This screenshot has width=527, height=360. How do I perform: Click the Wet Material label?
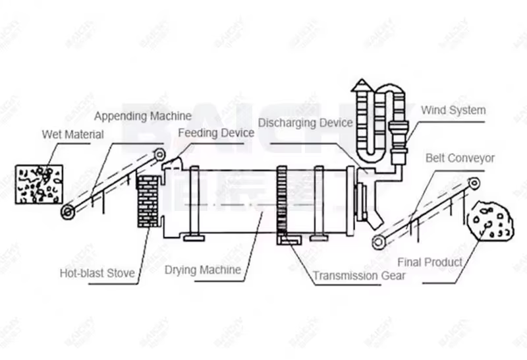pyautogui.click(x=72, y=135)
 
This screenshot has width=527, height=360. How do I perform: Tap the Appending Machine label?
pyautogui.click(x=143, y=116)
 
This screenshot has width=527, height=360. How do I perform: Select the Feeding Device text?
pyautogui.click(x=216, y=133)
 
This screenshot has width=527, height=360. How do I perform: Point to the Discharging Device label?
pyautogui.click(x=305, y=123)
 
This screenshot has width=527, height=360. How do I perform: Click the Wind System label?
pyautogui.click(x=453, y=110)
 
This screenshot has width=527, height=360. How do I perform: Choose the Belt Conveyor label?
pyautogui.click(x=460, y=158)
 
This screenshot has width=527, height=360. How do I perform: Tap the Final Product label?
pyautogui.click(x=430, y=262)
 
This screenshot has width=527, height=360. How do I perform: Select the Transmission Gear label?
pyautogui.click(x=359, y=276)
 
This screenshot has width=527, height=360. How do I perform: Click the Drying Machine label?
pyautogui.click(x=203, y=270)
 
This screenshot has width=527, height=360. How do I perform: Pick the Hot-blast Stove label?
pyautogui.click(x=97, y=273)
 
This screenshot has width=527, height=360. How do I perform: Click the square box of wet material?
pyautogui.click(x=40, y=185)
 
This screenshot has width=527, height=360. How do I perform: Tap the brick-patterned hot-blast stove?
pyautogui.click(x=148, y=201)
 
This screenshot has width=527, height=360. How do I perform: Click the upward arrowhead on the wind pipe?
pyautogui.click(x=362, y=85)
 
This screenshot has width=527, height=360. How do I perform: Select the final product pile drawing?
pyautogui.click(x=490, y=220)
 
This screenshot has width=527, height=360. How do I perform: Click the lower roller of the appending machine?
pyautogui.click(x=68, y=212)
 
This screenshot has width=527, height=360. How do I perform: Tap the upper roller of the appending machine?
pyautogui.click(x=159, y=154)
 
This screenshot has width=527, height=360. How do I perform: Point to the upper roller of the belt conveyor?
pyautogui.click(x=474, y=183)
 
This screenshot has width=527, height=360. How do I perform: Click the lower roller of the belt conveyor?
pyautogui.click(x=378, y=242)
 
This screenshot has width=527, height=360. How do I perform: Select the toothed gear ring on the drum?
pyautogui.click(x=282, y=201)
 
